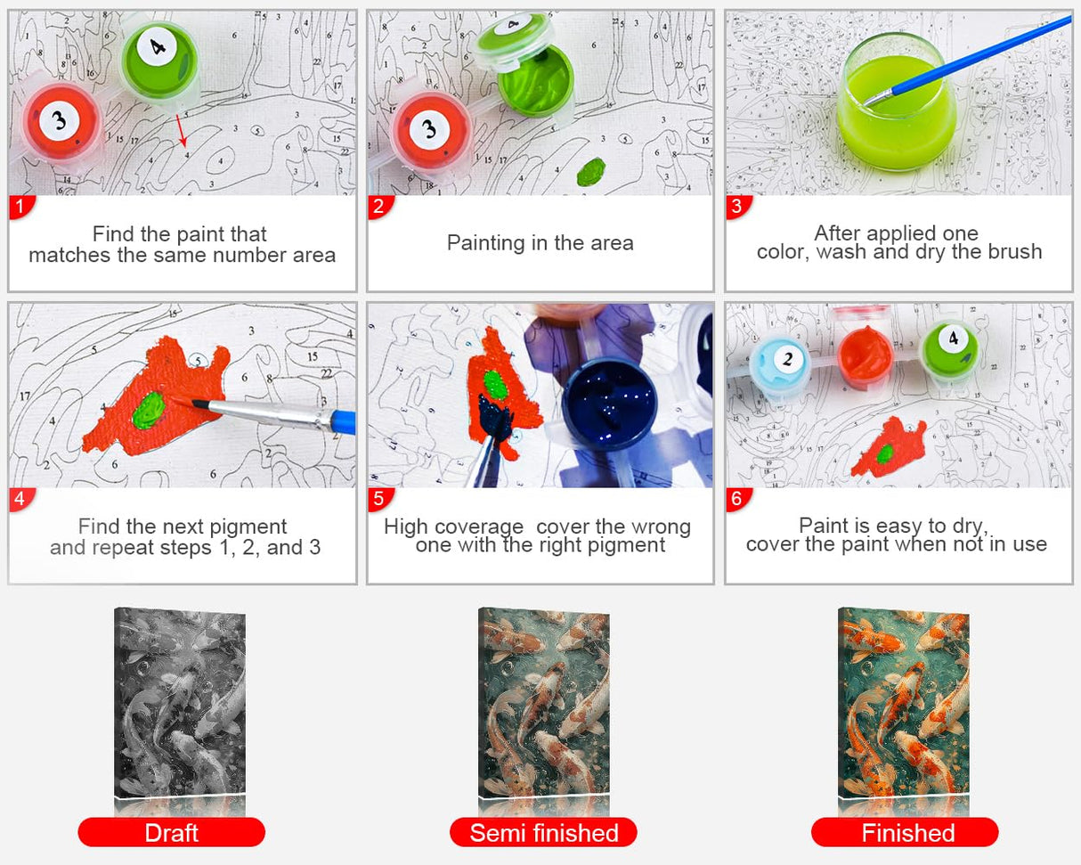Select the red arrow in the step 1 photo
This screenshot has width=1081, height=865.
coord(181,129)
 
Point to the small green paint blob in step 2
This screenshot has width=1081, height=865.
coord(590,170)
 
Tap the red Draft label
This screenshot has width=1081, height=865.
coord(171,832)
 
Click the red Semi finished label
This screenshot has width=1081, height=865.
coord(543,832)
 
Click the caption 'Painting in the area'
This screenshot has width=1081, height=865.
coord(540,243)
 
